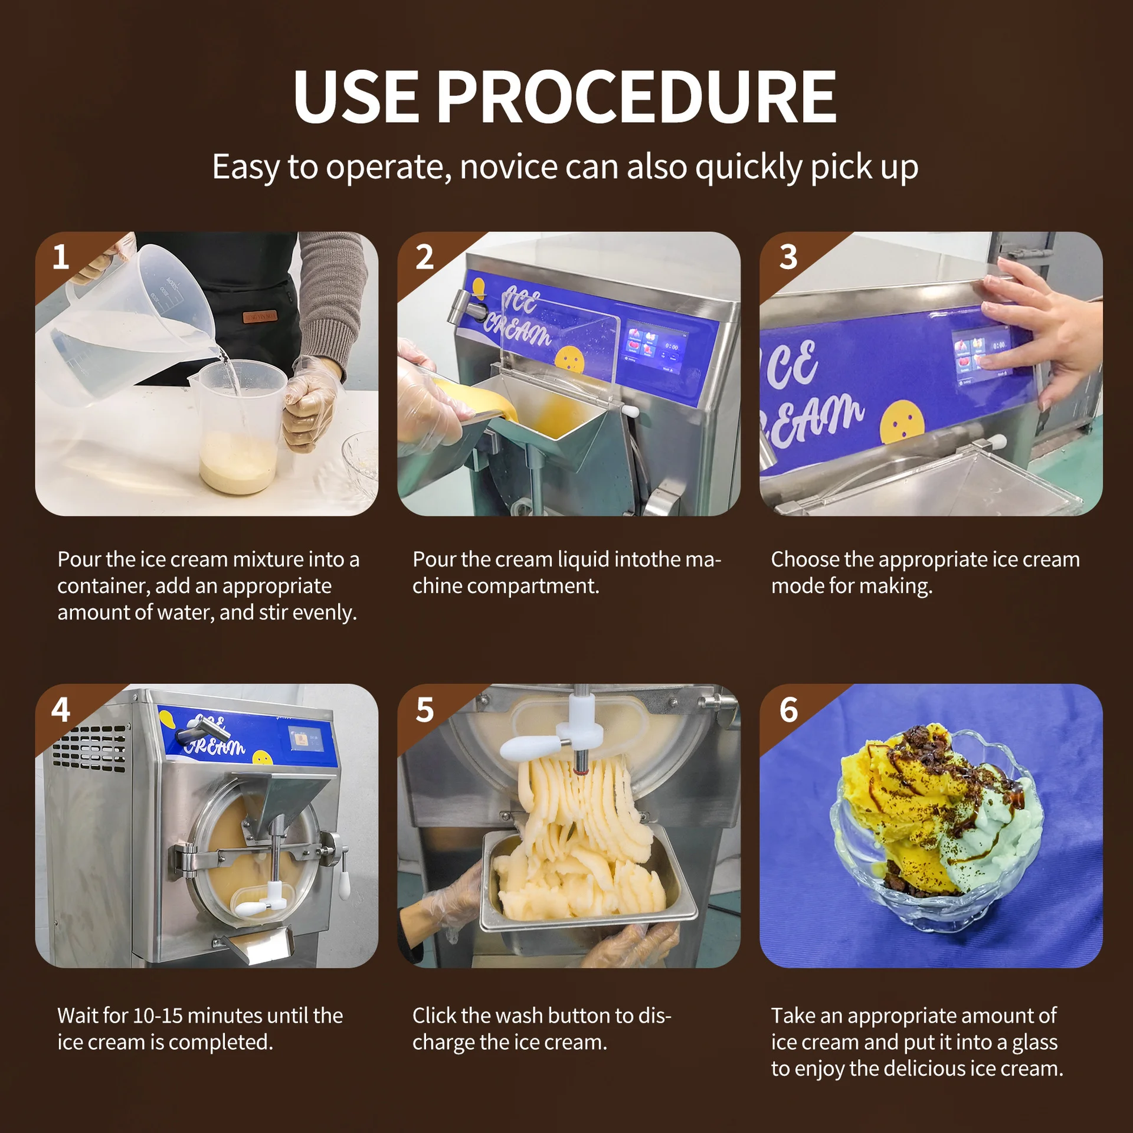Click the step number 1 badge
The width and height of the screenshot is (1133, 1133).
[61, 257]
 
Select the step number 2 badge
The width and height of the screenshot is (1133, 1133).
[424, 257]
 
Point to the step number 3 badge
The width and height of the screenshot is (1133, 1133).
[788, 257]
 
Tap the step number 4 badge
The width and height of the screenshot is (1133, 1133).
[61, 709]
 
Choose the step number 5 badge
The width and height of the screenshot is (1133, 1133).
[424, 709]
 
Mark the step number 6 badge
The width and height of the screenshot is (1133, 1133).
[788, 709]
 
